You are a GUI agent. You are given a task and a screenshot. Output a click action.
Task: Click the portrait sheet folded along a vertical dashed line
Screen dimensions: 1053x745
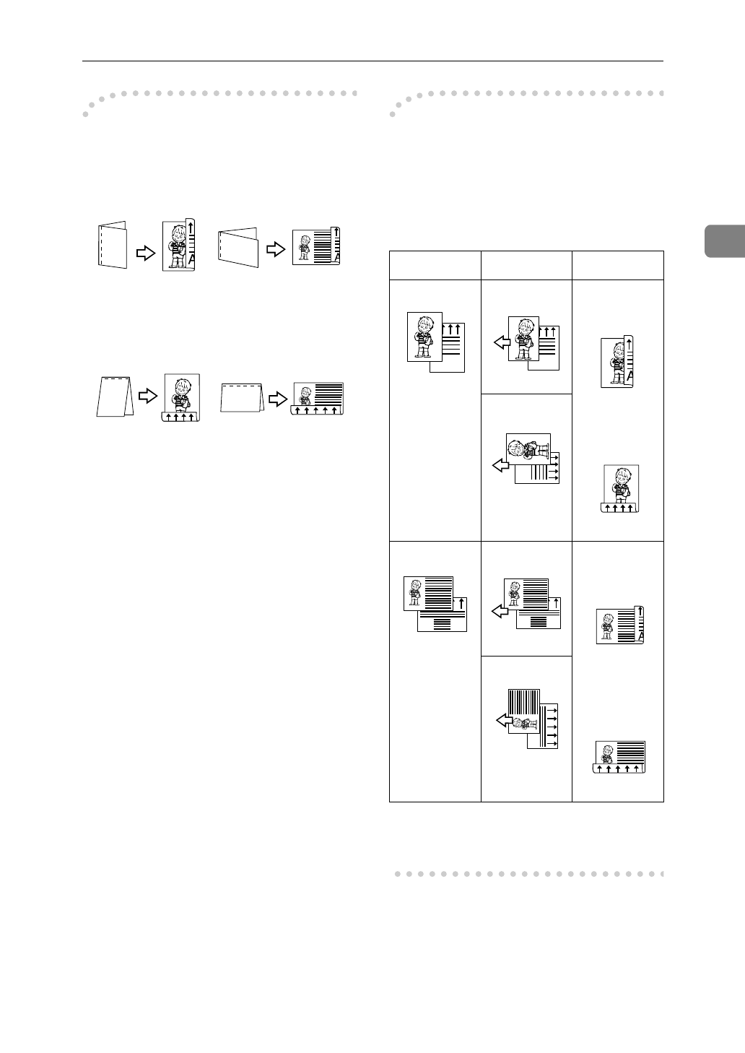(x=112, y=246)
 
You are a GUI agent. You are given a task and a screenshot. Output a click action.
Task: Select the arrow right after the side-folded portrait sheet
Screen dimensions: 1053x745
(x=146, y=252)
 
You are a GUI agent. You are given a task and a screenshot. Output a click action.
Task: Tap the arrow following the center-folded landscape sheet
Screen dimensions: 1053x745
(x=275, y=248)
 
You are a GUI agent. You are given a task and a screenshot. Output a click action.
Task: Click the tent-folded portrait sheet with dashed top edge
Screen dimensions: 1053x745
(x=114, y=397)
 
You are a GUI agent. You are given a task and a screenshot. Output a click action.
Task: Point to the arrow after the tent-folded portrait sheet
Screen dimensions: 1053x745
(x=147, y=396)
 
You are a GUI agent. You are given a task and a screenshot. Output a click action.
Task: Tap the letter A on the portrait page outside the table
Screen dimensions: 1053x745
(x=191, y=261)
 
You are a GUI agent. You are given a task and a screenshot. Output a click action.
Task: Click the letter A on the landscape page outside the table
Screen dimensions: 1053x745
(x=336, y=258)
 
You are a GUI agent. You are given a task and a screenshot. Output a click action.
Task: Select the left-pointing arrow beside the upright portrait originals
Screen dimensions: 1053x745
(x=500, y=344)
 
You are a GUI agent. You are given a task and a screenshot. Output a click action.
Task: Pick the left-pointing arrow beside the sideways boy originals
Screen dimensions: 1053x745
(x=500, y=466)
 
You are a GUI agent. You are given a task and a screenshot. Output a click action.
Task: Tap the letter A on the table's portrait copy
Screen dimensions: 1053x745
(x=629, y=376)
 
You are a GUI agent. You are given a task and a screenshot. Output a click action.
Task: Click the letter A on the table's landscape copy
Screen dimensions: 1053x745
(x=640, y=636)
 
